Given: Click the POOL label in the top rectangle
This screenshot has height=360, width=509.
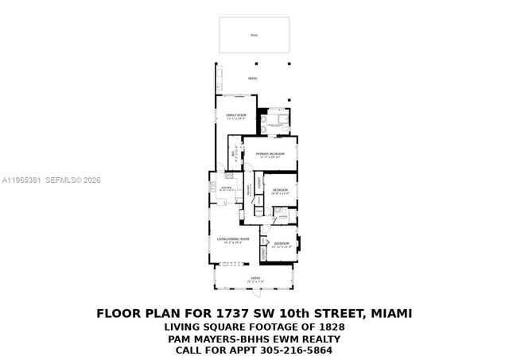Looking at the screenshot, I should click(x=254, y=36).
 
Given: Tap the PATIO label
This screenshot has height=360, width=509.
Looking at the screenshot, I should click(x=253, y=79).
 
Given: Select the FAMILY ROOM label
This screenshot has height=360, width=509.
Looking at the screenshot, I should click(x=236, y=117).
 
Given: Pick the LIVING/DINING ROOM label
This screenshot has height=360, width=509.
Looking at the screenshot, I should click(x=234, y=239).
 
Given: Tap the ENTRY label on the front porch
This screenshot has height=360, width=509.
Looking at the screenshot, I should click(x=254, y=278).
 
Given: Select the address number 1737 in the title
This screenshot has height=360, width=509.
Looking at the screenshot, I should click(x=220, y=313).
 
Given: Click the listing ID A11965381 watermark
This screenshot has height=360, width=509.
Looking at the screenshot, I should click(x=23, y=180).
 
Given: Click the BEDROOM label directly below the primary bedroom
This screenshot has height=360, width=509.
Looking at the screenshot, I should click(x=280, y=190).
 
